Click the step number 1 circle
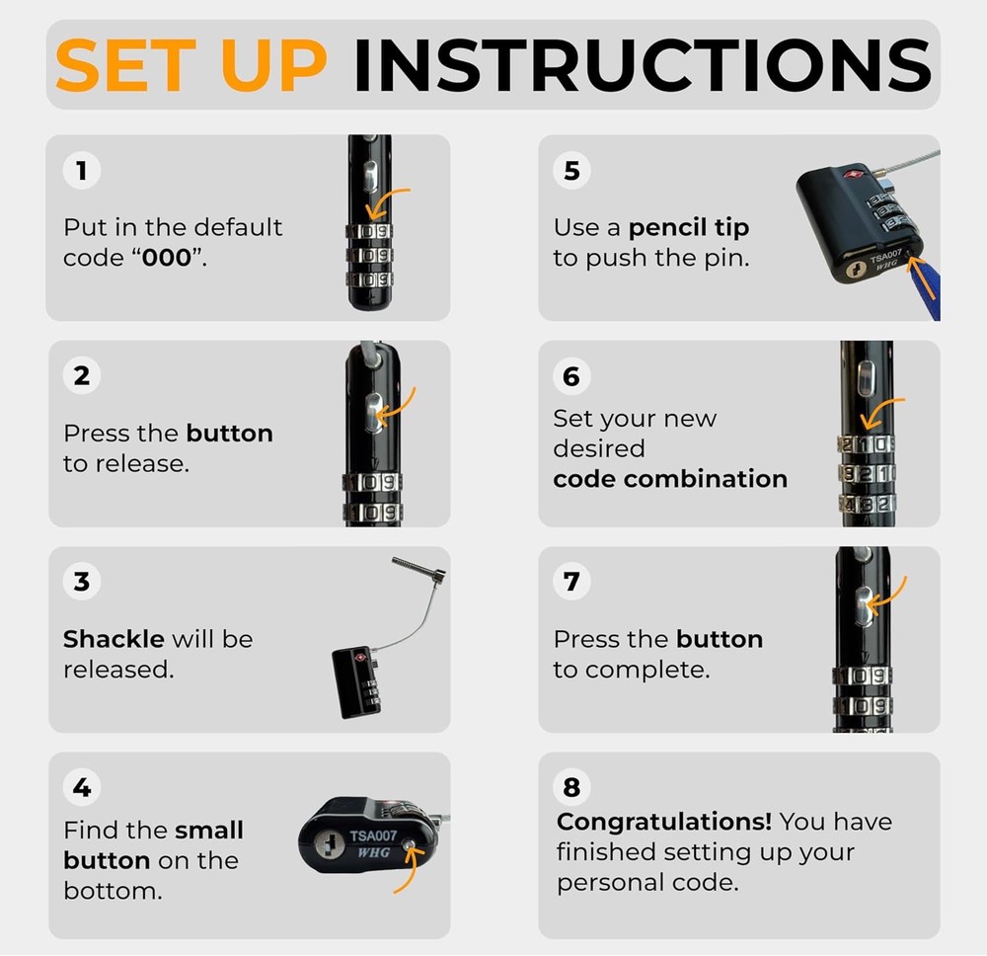tap(82, 170)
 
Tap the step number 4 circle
tap(82, 787)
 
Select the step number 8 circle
tap(571, 787)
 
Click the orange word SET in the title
tap(126, 65)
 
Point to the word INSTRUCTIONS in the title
tap(643, 65)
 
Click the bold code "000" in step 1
tap(166, 258)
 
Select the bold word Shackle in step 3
tap(114, 639)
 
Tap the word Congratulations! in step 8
tap(664, 822)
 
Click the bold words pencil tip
tap(689, 228)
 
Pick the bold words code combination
tap(670, 479)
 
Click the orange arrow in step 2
tap(395, 406)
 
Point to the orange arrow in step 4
tap(407, 869)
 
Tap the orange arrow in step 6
tap(879, 411)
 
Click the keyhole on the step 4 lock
tap(328, 843)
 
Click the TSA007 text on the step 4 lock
tap(373, 836)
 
